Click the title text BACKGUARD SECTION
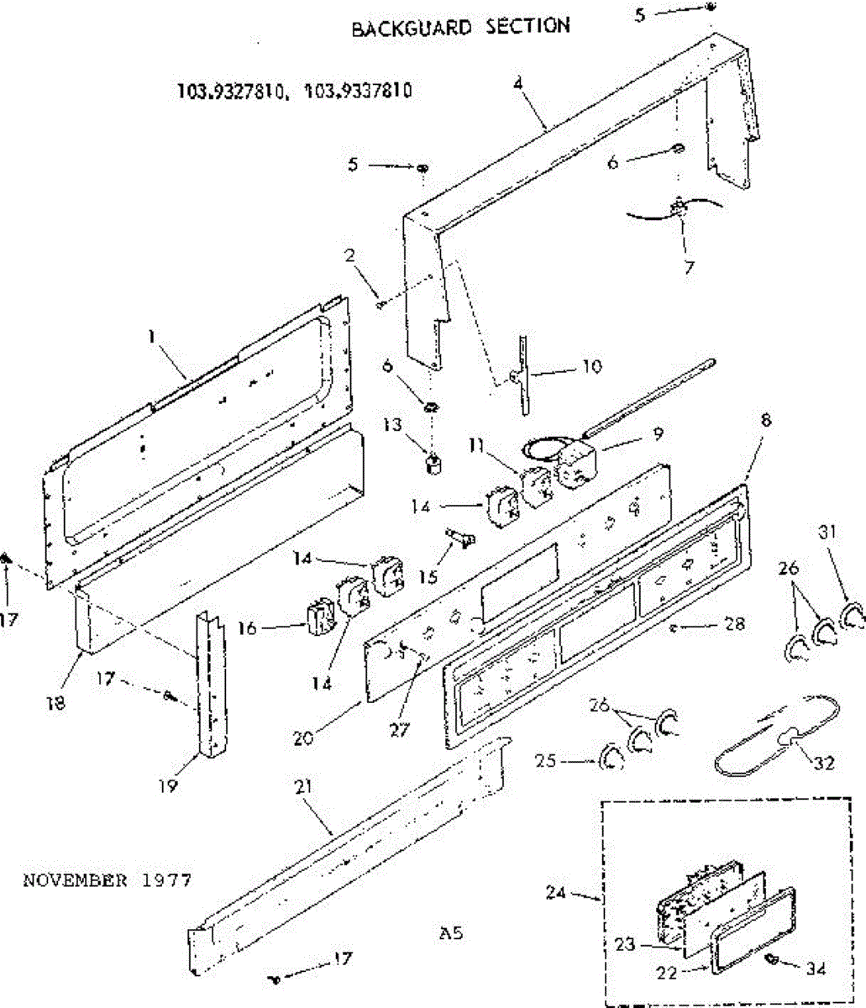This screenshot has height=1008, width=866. [460, 27]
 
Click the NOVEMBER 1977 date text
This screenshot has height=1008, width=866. [107, 880]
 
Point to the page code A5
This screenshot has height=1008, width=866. [451, 932]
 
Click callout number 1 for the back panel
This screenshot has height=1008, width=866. [152, 336]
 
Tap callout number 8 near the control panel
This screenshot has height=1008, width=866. [765, 420]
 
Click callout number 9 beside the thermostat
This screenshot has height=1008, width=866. [658, 433]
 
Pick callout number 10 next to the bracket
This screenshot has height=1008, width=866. [592, 367]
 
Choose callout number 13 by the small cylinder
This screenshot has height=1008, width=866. [393, 426]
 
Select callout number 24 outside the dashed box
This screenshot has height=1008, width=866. [555, 893]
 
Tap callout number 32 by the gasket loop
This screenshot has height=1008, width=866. [826, 763]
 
